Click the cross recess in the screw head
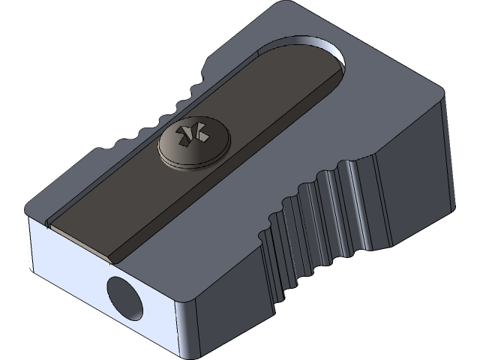[191, 135]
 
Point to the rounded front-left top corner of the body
[34, 206]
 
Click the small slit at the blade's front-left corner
[49, 223]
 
